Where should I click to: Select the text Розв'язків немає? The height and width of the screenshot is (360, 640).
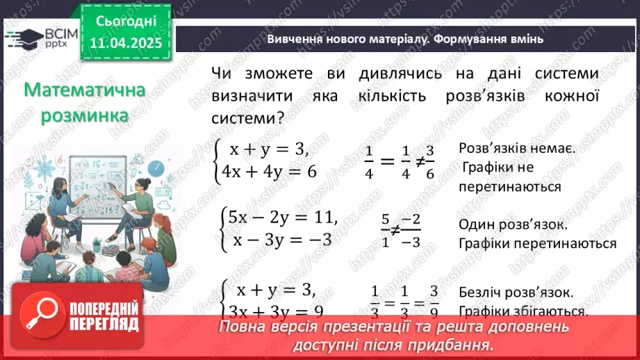click(x=516, y=148)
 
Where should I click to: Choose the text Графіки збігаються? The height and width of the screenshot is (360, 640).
click(x=524, y=311)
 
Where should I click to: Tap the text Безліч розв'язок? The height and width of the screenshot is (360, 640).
click(x=516, y=292)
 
